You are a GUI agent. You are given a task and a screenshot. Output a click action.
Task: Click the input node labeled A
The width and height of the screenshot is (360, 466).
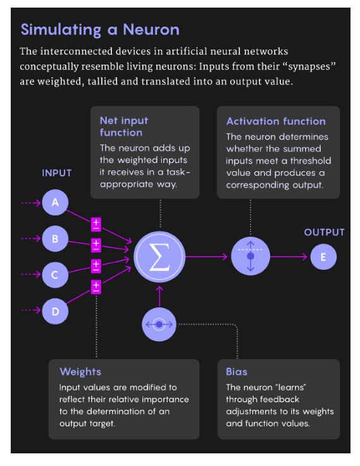[x=56, y=203]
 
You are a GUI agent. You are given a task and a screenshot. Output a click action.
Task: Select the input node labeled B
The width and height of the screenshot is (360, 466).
[x=56, y=238]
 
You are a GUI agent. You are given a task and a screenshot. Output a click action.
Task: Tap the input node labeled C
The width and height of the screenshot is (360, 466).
[x=56, y=274]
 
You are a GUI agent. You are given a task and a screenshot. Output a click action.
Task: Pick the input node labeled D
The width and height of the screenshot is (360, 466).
[x=56, y=310]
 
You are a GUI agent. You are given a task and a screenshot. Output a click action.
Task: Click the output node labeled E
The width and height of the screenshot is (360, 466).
[x=323, y=257]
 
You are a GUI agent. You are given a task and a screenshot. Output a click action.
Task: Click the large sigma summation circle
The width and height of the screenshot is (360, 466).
[x=159, y=257]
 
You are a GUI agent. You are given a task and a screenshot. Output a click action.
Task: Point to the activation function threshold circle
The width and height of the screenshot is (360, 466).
[x=251, y=257]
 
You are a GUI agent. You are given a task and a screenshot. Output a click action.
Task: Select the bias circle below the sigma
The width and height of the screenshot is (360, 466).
[x=159, y=324]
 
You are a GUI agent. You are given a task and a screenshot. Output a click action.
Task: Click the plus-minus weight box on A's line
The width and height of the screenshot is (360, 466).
[x=96, y=224]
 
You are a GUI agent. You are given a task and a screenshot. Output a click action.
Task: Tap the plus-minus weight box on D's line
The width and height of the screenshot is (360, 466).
[x=96, y=287]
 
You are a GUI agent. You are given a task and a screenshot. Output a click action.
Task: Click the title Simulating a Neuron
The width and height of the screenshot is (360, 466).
[x=100, y=30]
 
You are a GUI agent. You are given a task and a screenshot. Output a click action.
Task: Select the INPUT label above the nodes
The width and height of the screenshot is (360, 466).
[x=57, y=173]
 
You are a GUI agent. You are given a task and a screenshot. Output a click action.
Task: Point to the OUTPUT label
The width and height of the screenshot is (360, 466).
[x=324, y=232]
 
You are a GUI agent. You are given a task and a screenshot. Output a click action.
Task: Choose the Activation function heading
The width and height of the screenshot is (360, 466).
[x=276, y=121]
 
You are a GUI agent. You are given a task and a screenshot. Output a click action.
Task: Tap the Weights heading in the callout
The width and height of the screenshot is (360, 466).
[x=80, y=371]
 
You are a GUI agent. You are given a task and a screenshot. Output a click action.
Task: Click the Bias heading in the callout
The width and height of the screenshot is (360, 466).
[x=237, y=371]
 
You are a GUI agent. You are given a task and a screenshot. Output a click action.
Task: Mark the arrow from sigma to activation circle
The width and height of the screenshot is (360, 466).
[x=206, y=257]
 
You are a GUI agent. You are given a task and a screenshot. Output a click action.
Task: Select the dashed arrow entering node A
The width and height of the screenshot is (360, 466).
[x=30, y=203]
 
